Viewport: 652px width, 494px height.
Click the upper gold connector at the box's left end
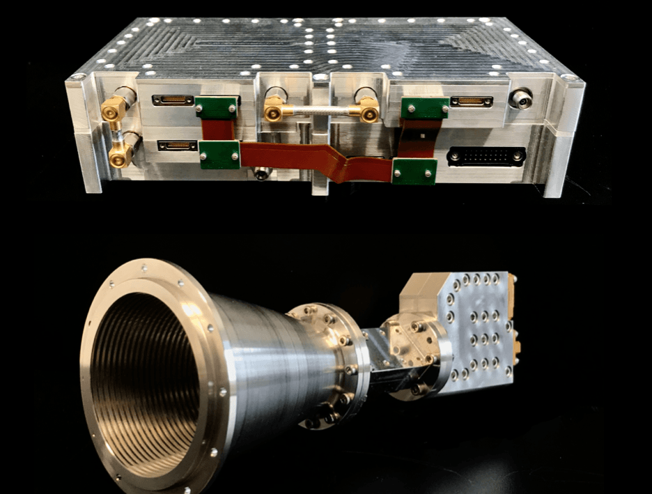click(x=115, y=109)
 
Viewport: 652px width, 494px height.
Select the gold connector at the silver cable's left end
click(x=274, y=110)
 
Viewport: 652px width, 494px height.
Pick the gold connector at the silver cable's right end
click(x=366, y=109)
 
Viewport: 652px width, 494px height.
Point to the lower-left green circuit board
click(x=219, y=154)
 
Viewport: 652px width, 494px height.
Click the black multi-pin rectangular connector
click(x=486, y=155)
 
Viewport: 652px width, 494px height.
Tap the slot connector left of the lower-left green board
click(x=177, y=146)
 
